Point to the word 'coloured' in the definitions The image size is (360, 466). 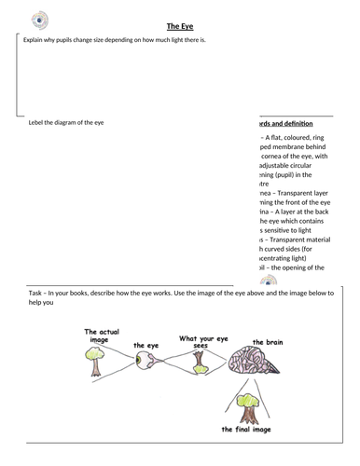(x=300, y=137)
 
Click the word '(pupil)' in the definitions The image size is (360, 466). (x=279, y=173)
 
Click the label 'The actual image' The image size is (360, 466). (x=98, y=336)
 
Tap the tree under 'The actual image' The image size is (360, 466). (x=95, y=363)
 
